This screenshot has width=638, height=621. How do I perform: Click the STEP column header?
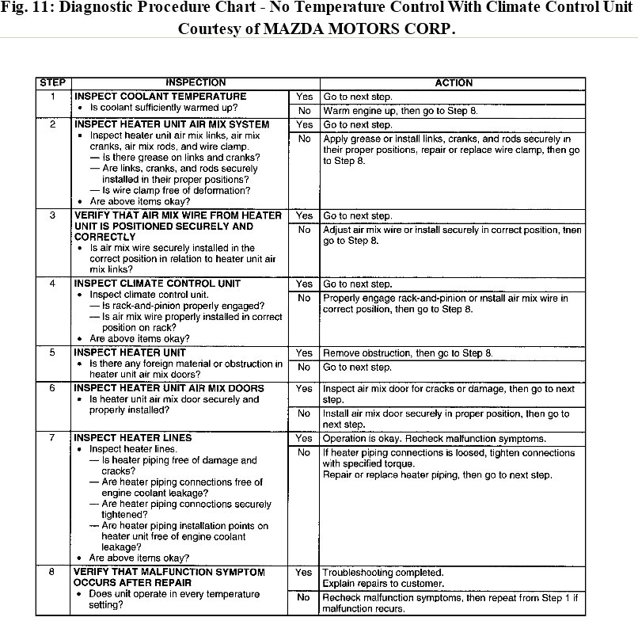coord(52,82)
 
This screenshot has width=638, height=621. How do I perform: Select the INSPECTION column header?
coord(196,82)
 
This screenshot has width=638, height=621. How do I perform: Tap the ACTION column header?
coord(454,82)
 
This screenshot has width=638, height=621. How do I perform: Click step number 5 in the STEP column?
coord(52,352)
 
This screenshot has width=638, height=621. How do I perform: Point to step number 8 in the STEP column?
coord(52,572)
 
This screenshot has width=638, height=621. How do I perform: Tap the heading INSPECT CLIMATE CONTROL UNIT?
coord(158,284)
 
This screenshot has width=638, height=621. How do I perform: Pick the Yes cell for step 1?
coord(304,97)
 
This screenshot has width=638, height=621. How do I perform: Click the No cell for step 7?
coord(304,453)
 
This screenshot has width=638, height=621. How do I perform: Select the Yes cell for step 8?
coord(304,572)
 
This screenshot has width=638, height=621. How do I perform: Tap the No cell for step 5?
coord(304,368)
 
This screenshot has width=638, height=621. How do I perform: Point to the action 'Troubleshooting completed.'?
coord(383,572)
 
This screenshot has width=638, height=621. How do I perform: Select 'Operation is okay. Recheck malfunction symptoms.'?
coord(434,438)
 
